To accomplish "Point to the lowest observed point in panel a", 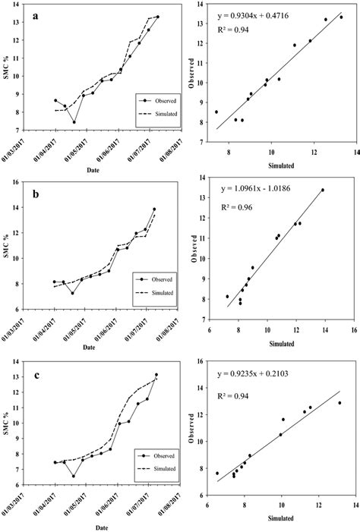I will (74, 122).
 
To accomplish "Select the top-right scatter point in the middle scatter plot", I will (323, 190).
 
